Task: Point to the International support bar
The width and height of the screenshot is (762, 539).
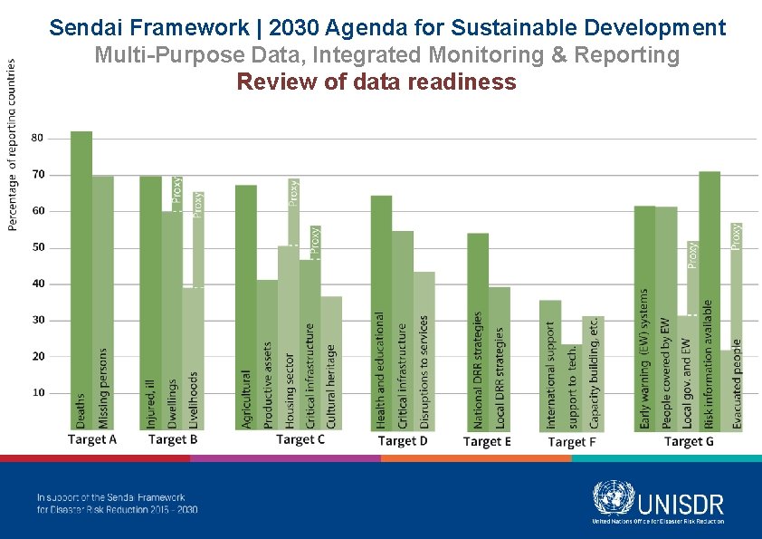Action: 550,362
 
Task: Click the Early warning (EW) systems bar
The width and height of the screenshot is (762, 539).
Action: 644,317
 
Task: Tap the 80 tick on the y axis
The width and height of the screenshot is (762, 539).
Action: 38,138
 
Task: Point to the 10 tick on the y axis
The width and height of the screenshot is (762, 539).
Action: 38,393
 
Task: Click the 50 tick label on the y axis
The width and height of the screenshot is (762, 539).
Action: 38,247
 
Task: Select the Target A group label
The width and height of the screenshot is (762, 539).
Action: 92,439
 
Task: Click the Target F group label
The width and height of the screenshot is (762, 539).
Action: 572,442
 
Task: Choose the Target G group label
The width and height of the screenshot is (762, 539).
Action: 688,441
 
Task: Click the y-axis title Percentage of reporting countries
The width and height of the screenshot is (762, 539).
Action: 12,145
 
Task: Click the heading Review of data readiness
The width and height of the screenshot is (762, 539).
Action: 376,82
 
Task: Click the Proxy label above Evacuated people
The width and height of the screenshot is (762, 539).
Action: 736,236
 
